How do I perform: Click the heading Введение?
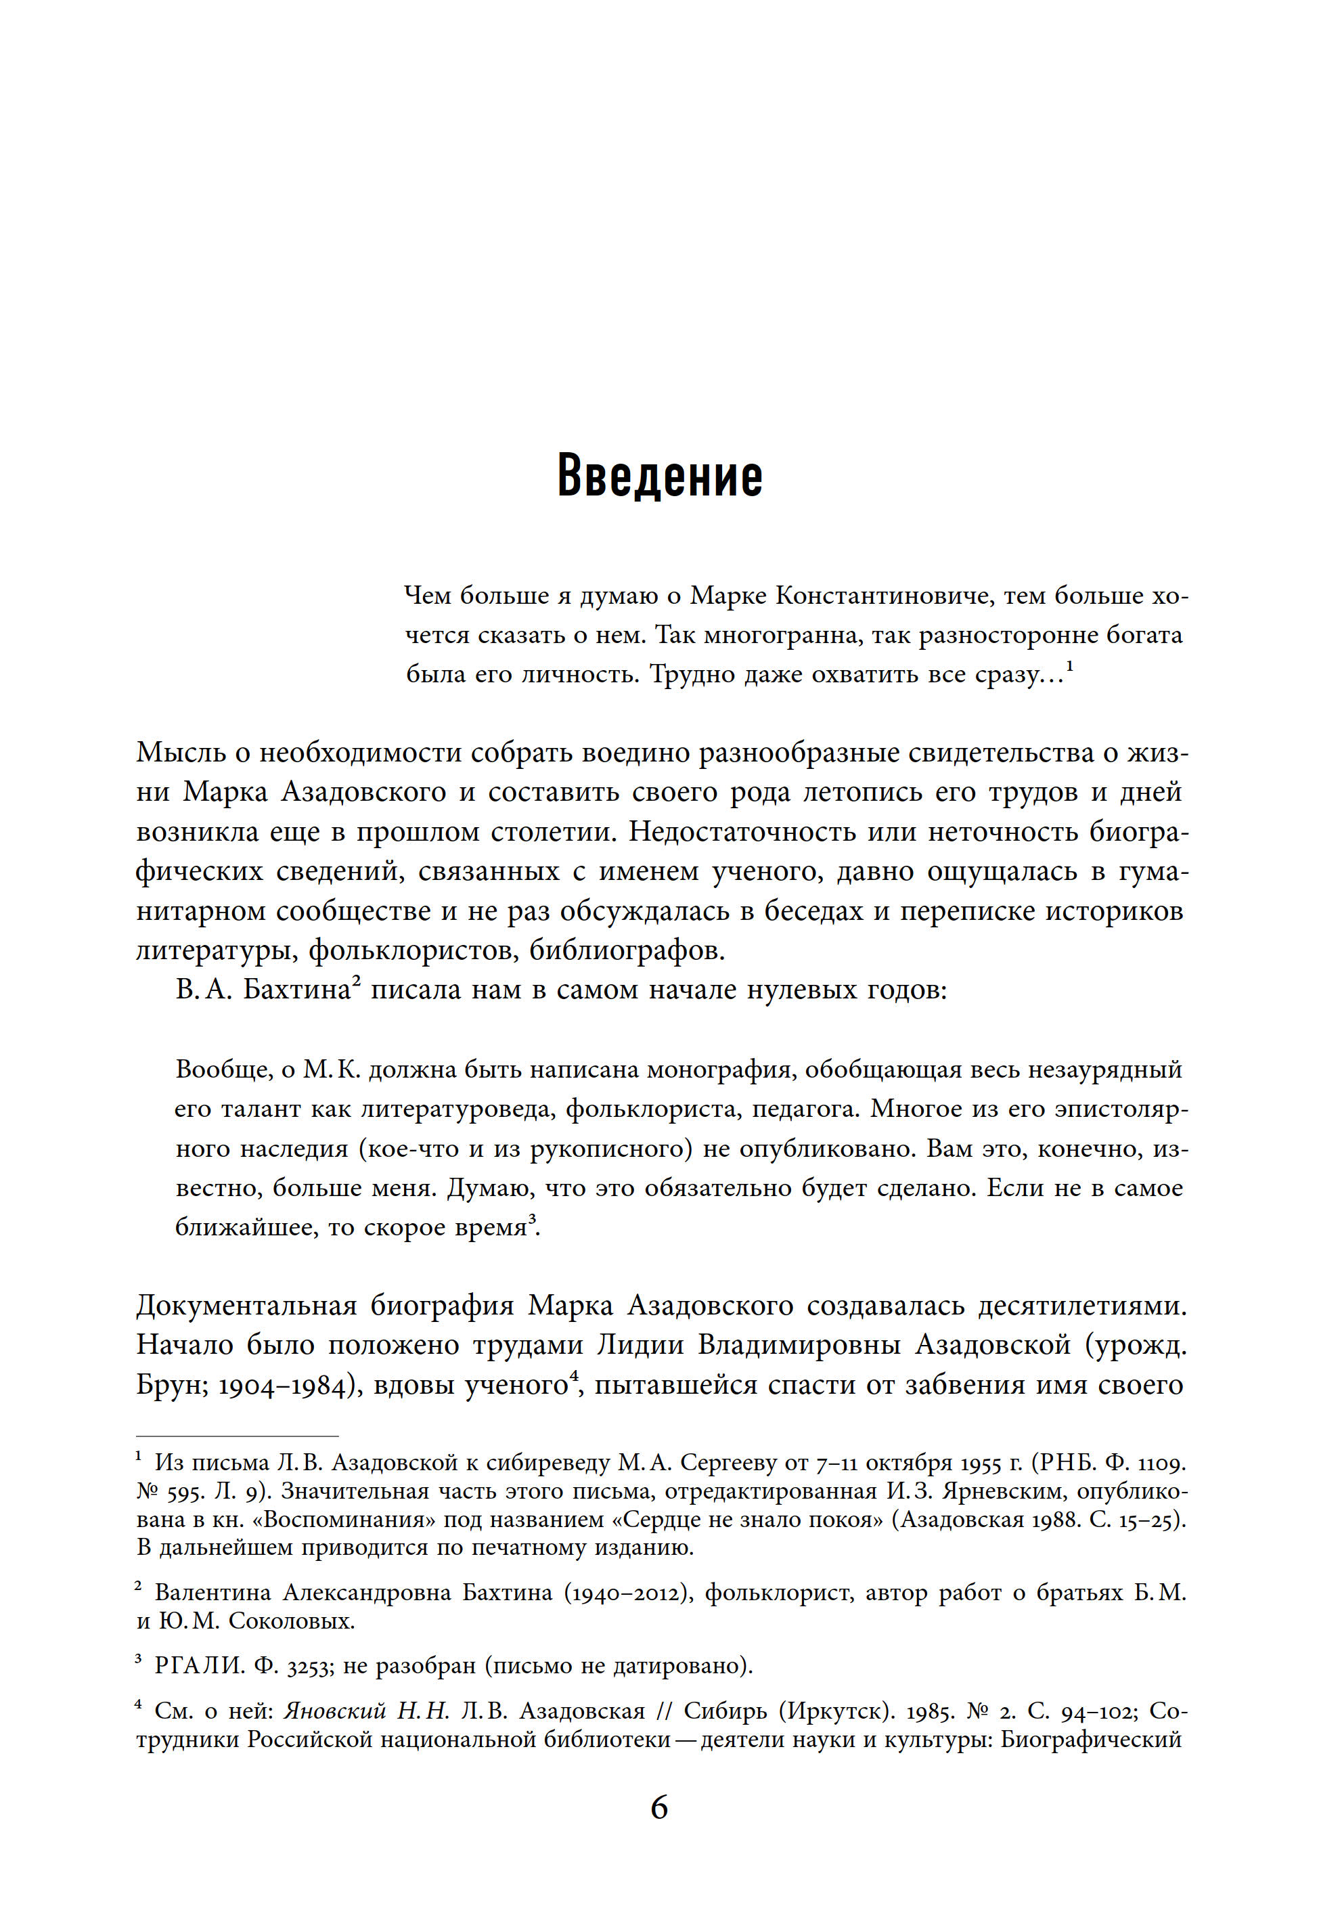click(659, 477)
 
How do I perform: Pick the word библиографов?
click(627, 950)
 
